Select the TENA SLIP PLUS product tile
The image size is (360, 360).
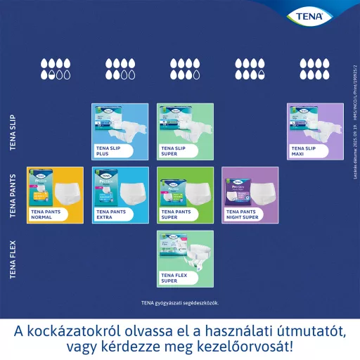(x=120, y=132)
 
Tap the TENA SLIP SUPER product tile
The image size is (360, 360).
(x=184, y=132)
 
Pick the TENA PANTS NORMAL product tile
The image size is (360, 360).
(x=56, y=195)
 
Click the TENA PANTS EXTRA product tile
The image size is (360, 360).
(x=120, y=195)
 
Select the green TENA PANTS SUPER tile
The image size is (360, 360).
(x=184, y=195)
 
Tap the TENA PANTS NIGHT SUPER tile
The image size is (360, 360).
(x=249, y=195)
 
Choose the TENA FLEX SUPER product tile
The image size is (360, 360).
(x=184, y=258)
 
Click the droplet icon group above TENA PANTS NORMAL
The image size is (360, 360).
(x=56, y=68)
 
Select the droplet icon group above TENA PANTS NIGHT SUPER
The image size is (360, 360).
(x=249, y=68)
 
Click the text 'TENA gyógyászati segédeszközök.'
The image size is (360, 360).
(x=180, y=303)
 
